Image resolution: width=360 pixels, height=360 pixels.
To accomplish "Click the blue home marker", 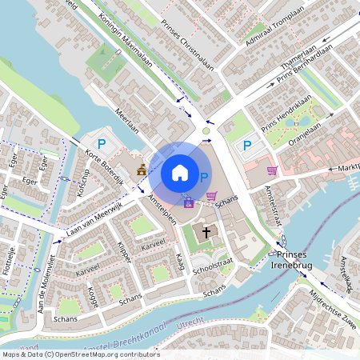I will [x=179, y=173].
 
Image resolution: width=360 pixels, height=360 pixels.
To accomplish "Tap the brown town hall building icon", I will [x=142, y=170].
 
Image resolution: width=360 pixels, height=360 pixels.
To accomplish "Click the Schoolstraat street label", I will [x=213, y=268].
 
